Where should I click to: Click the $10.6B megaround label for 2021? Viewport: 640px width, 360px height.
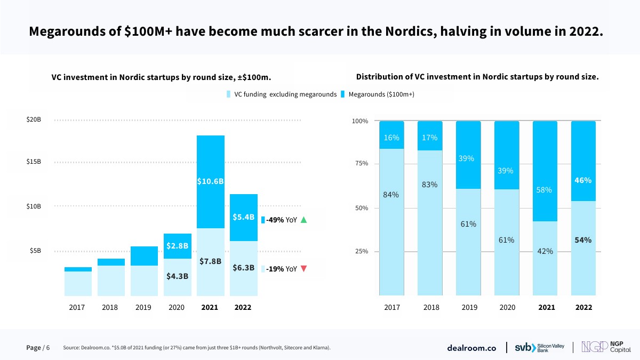(x=210, y=181)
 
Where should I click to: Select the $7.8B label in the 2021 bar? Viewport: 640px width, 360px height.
(x=210, y=261)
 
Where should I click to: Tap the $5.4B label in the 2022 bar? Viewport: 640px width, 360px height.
(x=243, y=217)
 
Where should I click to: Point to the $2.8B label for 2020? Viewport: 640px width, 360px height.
(x=177, y=245)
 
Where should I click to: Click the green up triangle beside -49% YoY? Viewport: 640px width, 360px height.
(x=304, y=220)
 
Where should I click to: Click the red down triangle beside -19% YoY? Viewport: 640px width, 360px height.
(x=304, y=269)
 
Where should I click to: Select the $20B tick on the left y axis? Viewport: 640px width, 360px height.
(x=34, y=119)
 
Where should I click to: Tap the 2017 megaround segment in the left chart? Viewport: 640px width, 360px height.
(x=78, y=269)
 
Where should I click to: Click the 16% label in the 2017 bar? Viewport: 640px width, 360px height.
(x=391, y=138)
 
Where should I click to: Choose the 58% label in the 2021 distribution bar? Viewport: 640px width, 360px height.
(x=545, y=190)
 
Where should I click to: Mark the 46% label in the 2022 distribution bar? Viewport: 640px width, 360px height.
(x=583, y=180)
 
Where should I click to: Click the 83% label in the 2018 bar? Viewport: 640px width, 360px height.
(x=430, y=185)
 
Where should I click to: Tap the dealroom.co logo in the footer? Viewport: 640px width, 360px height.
(x=471, y=348)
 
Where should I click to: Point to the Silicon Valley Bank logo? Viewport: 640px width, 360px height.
(x=539, y=348)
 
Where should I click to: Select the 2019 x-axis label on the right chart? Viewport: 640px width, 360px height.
(x=469, y=307)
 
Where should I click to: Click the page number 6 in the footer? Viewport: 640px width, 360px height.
(x=48, y=348)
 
